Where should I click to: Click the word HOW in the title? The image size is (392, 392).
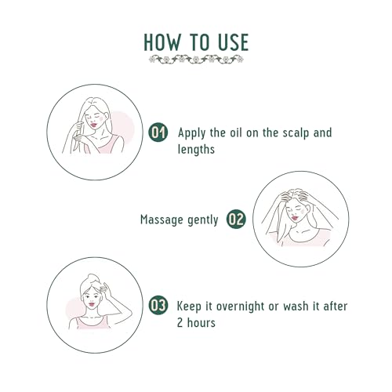162,42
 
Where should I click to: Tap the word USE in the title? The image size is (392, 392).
234,42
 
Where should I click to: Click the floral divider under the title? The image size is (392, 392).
196,60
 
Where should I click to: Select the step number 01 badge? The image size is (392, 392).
158,132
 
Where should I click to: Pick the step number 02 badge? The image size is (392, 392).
236,219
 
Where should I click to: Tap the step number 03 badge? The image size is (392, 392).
158,305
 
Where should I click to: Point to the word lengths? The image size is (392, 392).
196,150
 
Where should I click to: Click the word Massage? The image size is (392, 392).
162,220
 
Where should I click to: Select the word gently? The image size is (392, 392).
203,220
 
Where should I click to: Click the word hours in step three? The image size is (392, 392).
201,323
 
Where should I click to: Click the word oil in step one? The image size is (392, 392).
236,132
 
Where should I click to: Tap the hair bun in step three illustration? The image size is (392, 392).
93,278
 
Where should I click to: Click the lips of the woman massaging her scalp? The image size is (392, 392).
295,218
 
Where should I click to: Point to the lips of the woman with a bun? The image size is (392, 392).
92,304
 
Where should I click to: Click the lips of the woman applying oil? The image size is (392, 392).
93,125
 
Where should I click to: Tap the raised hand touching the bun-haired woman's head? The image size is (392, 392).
106,289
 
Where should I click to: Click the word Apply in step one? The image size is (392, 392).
191,133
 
